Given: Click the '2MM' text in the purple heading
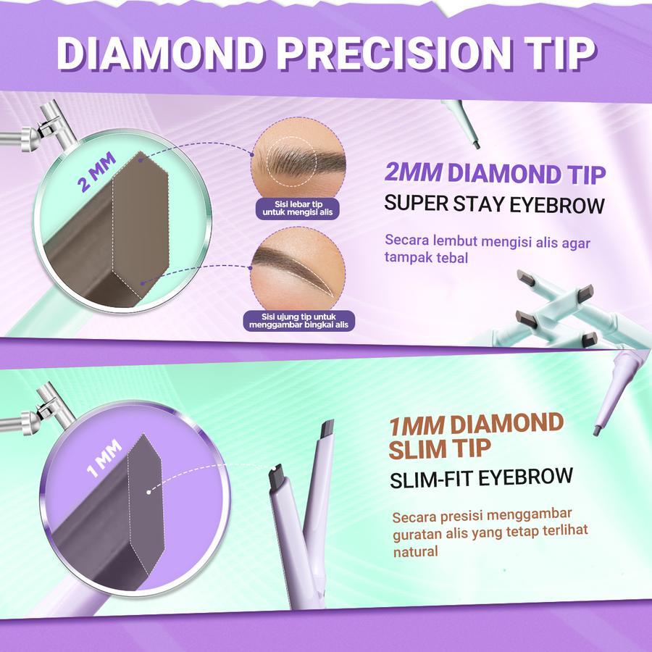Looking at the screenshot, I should [x=413, y=175].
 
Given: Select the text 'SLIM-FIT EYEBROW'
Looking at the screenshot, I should [x=481, y=478].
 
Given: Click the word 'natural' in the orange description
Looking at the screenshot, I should [x=416, y=552].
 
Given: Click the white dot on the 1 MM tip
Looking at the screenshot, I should [x=149, y=493].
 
